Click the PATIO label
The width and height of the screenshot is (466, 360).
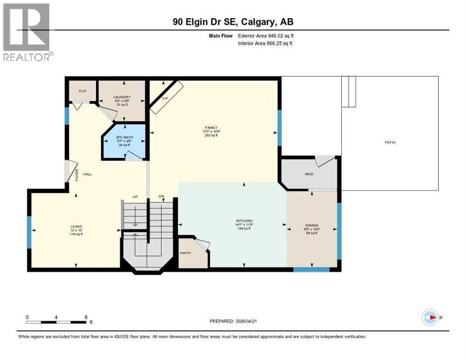(x=390, y=142)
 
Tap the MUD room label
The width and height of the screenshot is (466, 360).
(x=309, y=174)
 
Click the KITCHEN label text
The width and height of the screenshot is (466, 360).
(x=244, y=220)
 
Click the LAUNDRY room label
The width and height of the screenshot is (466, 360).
(x=122, y=97)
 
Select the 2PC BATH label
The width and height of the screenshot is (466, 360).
(x=123, y=136)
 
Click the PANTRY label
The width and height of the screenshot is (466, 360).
(x=186, y=253)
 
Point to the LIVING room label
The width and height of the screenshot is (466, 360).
(x=76, y=226)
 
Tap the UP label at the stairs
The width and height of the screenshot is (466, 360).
(x=135, y=196)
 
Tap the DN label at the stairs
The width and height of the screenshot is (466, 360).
(x=161, y=196)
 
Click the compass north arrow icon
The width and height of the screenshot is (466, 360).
(x=430, y=317)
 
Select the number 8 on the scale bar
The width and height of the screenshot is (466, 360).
(x=85, y=317)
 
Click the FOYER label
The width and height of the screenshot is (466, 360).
(x=76, y=176)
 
